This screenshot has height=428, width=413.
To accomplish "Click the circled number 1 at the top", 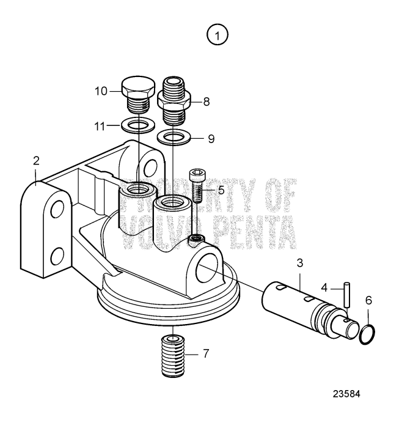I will pyautogui.click(x=217, y=35).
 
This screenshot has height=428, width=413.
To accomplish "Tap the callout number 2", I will pyautogui.click(x=36, y=161).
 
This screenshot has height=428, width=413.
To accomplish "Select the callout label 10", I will pyautogui.click(x=101, y=91).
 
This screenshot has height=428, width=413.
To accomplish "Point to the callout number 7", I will pyautogui.click(x=206, y=353).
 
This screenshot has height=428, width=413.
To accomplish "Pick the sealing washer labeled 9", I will pyautogui.click(x=173, y=136).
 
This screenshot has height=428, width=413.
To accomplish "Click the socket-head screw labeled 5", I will pyautogui.click(x=196, y=183).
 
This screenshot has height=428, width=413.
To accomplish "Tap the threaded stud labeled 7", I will pyautogui.click(x=174, y=355).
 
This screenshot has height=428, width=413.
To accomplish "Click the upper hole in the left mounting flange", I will pyautogui.click(x=57, y=210).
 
